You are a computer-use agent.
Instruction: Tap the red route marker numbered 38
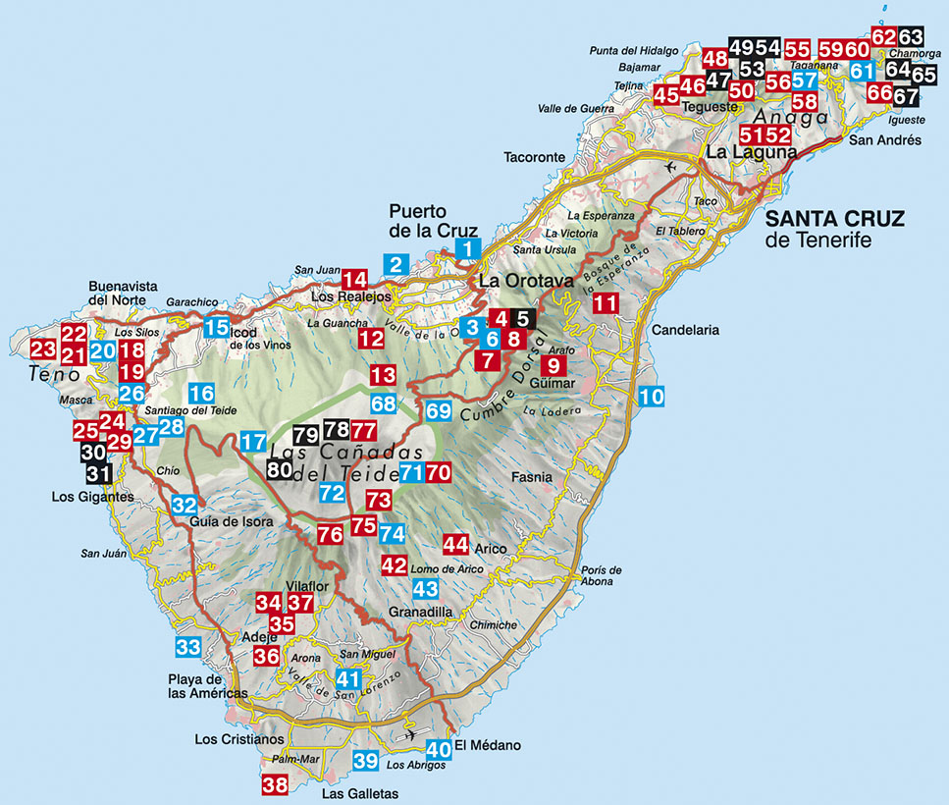(x=275, y=784)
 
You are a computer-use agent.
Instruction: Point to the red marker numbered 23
(x=43, y=349)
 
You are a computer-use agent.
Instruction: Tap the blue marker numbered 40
(x=439, y=749)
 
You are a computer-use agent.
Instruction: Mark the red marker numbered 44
(x=455, y=543)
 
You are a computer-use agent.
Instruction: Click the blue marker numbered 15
(x=218, y=328)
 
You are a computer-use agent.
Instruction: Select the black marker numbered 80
(x=279, y=470)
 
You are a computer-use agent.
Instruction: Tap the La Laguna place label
(x=751, y=152)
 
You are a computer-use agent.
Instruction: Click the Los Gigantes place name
(x=92, y=497)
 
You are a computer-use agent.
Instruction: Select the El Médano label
(x=488, y=746)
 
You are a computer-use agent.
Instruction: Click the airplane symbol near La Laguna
(x=670, y=166)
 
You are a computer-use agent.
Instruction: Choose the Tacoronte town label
(x=535, y=157)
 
